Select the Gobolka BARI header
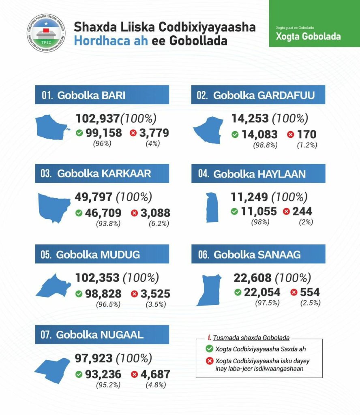click(102, 95)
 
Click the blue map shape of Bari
click(53, 127)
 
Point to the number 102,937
click(97, 119)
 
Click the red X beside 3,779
click(133, 133)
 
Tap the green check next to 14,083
click(235, 135)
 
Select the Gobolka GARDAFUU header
click(258, 95)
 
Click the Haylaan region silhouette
click(212, 207)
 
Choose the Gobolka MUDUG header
click(102, 255)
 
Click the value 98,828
click(103, 294)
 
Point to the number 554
click(310, 292)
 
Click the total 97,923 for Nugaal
click(94, 359)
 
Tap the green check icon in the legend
click(209, 349)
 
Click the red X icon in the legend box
click(209, 362)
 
